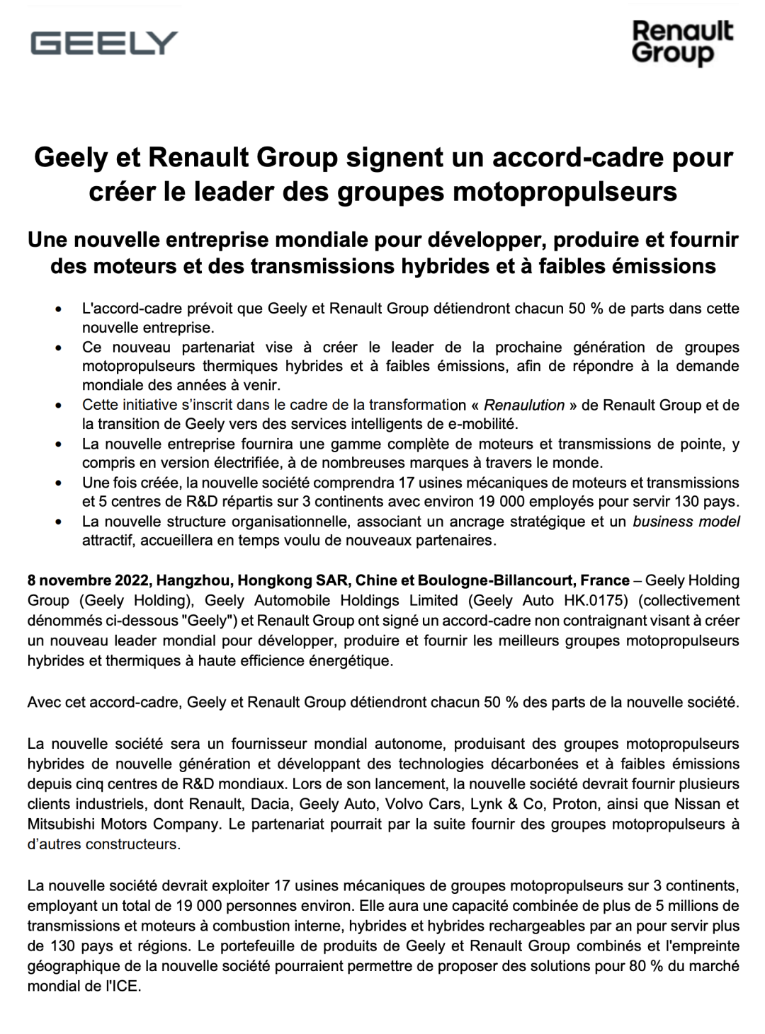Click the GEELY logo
coord(103,43)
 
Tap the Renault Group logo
coord(681,42)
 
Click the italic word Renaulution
coord(524,406)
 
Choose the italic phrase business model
coord(686,522)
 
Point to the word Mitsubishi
coord(59,825)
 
